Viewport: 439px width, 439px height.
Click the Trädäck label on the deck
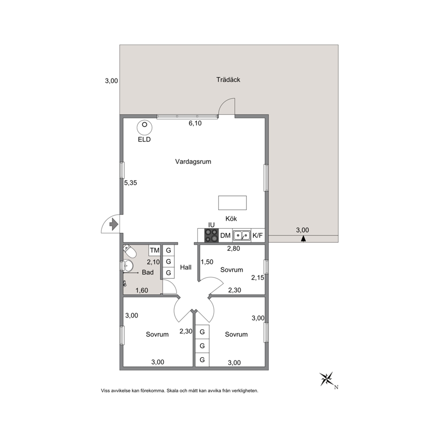tap(228, 80)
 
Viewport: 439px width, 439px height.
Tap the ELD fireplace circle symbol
tap(144, 127)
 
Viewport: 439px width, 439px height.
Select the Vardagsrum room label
tap(193, 162)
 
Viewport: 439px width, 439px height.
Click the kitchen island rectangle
tap(232, 203)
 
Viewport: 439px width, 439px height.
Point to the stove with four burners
tap(212, 235)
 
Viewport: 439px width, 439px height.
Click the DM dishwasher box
tap(225, 235)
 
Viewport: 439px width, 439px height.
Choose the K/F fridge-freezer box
tap(258, 235)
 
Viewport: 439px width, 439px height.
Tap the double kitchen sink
tap(242, 235)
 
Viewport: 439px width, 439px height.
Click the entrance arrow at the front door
tap(113, 224)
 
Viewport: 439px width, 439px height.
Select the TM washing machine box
tap(154, 250)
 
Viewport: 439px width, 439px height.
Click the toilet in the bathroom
tap(129, 251)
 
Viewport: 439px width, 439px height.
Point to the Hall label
tap(185, 267)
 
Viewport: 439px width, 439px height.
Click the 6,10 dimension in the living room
tap(195, 123)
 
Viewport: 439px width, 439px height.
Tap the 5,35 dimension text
tap(131, 183)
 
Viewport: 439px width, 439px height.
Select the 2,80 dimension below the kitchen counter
tap(234, 248)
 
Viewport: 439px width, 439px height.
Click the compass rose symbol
tap(327, 379)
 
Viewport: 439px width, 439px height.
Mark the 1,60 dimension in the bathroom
tap(142, 291)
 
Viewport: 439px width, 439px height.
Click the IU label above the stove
tap(212, 225)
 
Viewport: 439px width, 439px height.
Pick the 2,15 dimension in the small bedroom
tap(258, 278)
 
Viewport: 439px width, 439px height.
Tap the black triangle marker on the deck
tap(303, 239)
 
